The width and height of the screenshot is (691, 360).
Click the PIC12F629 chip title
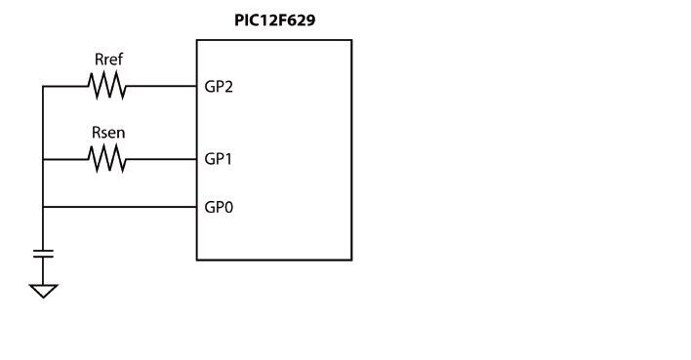click(274, 20)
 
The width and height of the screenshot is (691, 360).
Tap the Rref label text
click(108, 60)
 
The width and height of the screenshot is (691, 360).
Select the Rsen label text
click(108, 132)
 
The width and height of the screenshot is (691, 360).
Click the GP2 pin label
click(219, 87)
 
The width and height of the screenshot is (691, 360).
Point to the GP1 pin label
click(219, 159)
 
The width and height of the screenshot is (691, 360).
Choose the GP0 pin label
click(219, 207)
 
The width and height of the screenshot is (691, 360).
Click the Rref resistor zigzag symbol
click(107, 86)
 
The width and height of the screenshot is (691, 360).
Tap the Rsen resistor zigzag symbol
click(107, 159)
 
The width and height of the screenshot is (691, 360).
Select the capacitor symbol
click(43, 254)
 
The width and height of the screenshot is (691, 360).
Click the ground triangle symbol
click(43, 291)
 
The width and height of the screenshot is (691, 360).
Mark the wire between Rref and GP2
click(161, 86)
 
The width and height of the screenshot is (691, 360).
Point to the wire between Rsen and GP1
click(161, 159)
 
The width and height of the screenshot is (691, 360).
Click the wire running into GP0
click(120, 207)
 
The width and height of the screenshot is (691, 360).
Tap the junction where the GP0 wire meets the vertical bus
click(43, 207)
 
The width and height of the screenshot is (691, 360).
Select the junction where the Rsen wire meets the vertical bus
click(43, 159)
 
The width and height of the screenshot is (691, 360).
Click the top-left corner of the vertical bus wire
click(43, 86)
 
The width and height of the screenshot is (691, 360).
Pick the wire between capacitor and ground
click(43, 271)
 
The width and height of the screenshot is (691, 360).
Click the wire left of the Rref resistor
click(65, 86)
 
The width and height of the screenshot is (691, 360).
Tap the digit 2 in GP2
click(228, 87)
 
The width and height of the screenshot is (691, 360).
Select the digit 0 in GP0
click(228, 207)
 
